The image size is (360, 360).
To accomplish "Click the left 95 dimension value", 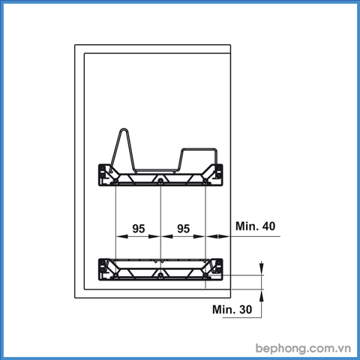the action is point(139,229).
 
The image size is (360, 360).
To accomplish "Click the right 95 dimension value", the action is point(184,229).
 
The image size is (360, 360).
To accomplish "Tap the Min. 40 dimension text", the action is point(255,226).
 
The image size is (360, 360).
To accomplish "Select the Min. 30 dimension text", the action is point(232,310).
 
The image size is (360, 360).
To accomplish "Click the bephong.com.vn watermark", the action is point(303,348).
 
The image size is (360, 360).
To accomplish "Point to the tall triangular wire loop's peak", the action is point(124,129).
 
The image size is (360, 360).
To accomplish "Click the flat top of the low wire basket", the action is point(199,148).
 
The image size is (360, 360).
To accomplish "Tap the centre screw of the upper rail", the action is point(160,181).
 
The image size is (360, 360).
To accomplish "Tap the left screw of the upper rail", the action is point(115,181).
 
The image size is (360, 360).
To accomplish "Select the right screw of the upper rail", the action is point(205,181).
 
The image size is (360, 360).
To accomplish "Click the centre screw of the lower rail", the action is point(160,276).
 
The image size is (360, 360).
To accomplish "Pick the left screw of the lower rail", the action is point(115,276).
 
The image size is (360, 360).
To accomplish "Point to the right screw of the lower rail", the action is point(205,276).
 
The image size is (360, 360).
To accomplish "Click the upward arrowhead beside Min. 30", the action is point(261,295).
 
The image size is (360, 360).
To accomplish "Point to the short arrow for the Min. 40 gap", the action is point(217,236).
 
